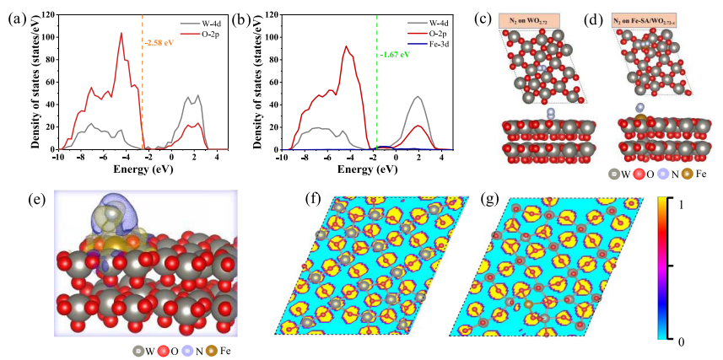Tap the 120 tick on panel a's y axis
pos(46,15)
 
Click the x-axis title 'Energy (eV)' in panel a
pos(143,168)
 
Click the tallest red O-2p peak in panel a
pos(121,34)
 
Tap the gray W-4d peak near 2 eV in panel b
pos(418,96)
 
